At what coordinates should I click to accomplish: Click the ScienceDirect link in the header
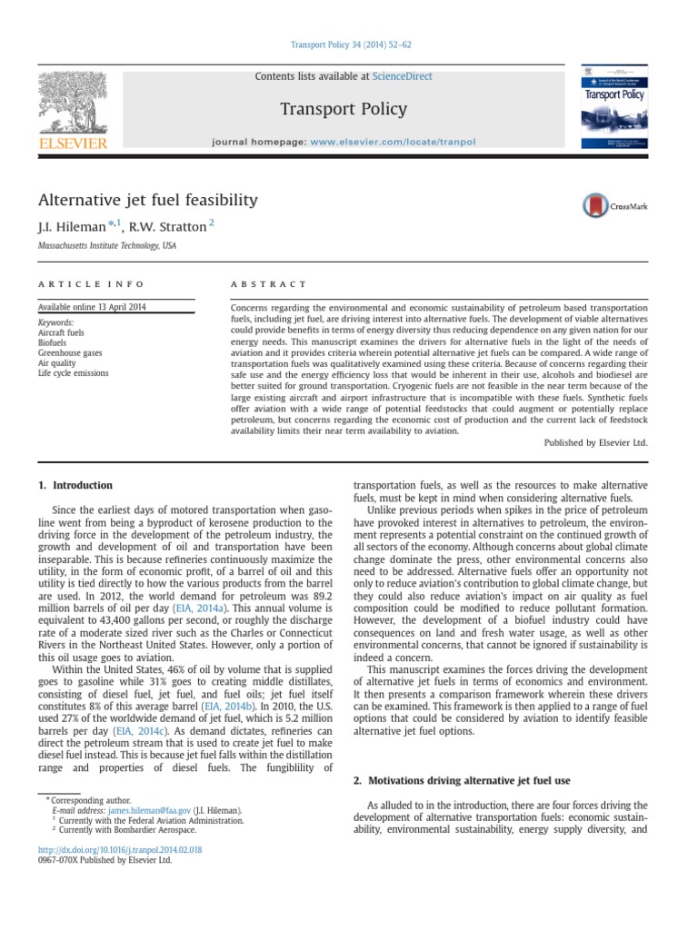(402, 76)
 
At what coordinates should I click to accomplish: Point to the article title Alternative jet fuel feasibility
(147, 200)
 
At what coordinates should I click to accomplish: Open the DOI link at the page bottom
(119, 849)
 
